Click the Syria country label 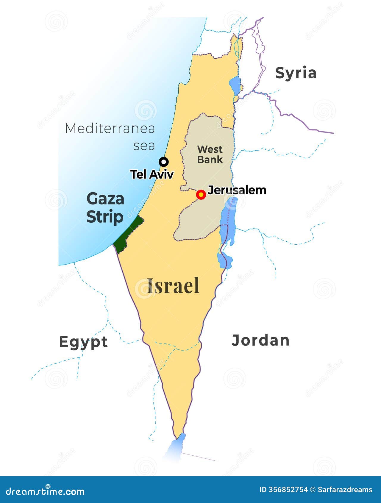point(296,73)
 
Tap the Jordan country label point(260,340)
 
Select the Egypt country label point(83,342)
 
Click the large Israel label point(173,286)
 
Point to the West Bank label point(210,154)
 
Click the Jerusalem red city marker point(201,195)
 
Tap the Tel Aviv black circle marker point(164,162)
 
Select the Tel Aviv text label point(152,174)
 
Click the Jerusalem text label point(237,190)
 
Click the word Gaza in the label point(105,199)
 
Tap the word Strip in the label point(105,217)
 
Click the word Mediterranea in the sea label point(110,129)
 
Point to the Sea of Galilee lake point(235,85)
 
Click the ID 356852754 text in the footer point(283,490)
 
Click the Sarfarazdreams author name point(345,490)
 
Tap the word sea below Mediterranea point(144,146)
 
